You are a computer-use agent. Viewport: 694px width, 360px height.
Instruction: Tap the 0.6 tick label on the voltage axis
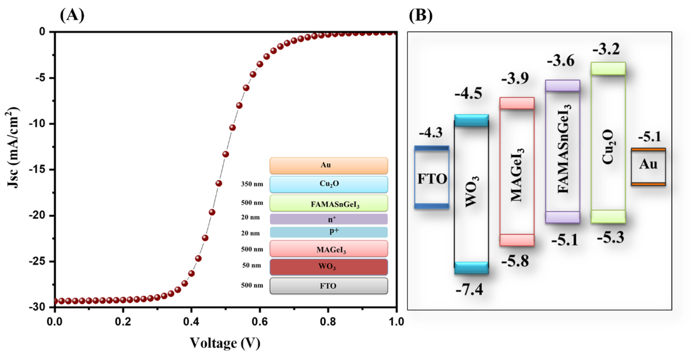click(x=259, y=322)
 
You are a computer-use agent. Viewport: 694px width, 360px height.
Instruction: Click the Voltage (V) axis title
click(x=225, y=343)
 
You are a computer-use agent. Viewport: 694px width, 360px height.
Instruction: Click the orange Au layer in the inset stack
click(x=329, y=165)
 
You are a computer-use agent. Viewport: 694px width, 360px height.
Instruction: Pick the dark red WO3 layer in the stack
click(x=329, y=267)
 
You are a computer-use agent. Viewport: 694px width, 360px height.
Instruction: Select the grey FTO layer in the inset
click(x=329, y=286)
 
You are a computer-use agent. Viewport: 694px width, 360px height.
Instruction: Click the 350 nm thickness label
click(x=252, y=184)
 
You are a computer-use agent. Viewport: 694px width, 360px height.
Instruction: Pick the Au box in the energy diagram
click(x=648, y=166)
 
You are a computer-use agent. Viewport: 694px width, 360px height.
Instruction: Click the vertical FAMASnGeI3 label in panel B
click(x=563, y=149)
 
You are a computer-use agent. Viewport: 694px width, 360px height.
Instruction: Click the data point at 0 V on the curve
click(x=55, y=301)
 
